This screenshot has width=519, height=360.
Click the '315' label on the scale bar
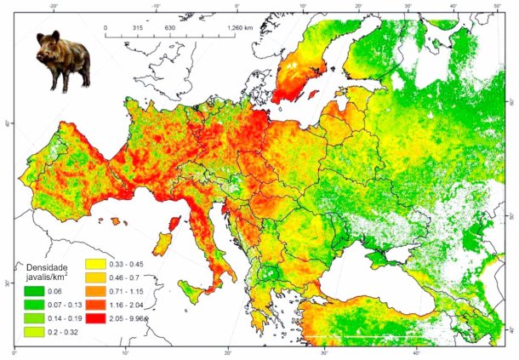tap(138, 28)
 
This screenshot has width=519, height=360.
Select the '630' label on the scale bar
tap(170, 28)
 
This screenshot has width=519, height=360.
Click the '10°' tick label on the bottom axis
tap(125, 352)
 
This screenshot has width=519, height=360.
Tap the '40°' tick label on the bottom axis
tap(415, 352)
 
